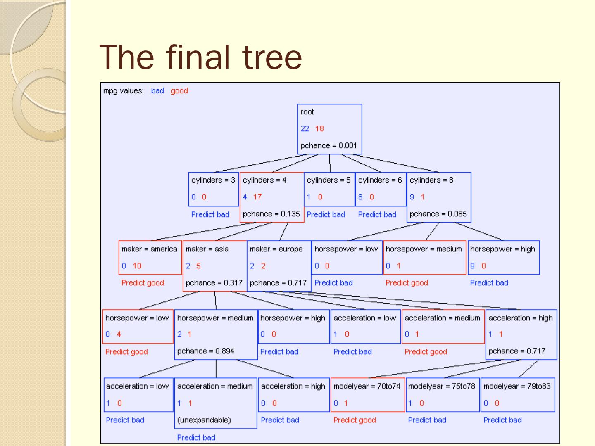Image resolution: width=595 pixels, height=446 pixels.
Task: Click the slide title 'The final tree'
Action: pyautogui.click(x=201, y=57)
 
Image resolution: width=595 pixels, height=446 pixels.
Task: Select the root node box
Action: pyautogui.click(x=329, y=129)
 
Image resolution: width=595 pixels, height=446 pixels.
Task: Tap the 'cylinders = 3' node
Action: pyautogui.click(x=213, y=189)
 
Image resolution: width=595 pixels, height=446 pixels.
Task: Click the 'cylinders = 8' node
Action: pyautogui.click(x=438, y=197)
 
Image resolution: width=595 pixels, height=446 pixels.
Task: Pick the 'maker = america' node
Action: pyautogui.click(x=150, y=257)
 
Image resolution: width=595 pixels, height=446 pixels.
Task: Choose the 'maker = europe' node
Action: pyautogui.click(x=278, y=266)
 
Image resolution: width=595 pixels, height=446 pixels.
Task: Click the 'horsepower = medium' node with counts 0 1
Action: pyautogui.click(x=424, y=257)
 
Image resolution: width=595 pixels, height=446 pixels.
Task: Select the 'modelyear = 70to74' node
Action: pyautogui.click(x=367, y=394)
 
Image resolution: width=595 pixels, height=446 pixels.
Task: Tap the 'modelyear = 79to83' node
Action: pyautogui.click(x=517, y=394)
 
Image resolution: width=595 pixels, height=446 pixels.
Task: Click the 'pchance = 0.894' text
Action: pyautogui.click(x=206, y=351)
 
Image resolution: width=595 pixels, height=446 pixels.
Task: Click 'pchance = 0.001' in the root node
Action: pyautogui.click(x=328, y=145)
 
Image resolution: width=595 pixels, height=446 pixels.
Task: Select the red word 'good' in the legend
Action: pyautogui.click(x=179, y=91)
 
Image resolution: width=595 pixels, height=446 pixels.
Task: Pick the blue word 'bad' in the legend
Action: pyautogui.click(x=157, y=91)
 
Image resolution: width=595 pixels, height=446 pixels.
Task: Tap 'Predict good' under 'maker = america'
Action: pyautogui.click(x=143, y=283)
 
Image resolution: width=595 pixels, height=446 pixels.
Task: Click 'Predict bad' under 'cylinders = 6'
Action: pyautogui.click(x=377, y=214)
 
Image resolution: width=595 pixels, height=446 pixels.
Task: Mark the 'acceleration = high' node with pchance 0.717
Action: pyautogui.click(x=521, y=334)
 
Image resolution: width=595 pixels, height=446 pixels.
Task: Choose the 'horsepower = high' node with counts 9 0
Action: pyautogui.click(x=503, y=257)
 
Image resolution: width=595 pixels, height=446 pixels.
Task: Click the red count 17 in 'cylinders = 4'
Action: pyautogui.click(x=257, y=197)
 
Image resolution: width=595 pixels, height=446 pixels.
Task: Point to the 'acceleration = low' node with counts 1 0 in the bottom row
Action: pyautogui.click(x=138, y=394)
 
